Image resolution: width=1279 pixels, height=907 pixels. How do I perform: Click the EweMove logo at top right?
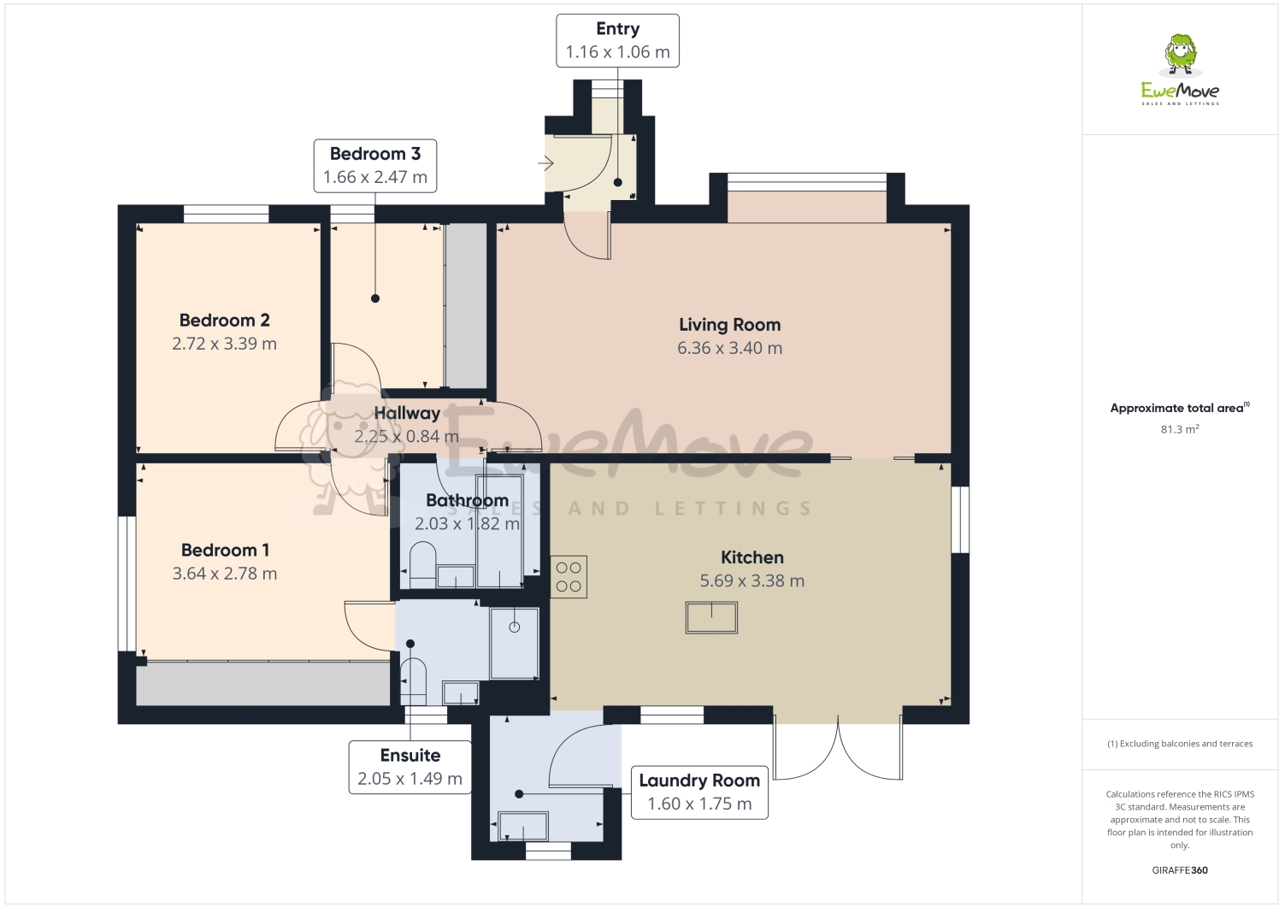click(x=1180, y=70)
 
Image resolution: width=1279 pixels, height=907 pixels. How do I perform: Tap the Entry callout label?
click(x=617, y=40)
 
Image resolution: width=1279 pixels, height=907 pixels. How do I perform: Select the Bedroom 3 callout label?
click(x=374, y=166)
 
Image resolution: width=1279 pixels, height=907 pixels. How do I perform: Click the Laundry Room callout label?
click(x=698, y=792)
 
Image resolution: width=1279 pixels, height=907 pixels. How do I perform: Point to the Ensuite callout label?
click(x=410, y=767)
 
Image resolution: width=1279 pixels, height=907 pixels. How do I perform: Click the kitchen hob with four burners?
click(x=569, y=577)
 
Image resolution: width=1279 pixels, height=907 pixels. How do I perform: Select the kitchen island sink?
click(x=711, y=617)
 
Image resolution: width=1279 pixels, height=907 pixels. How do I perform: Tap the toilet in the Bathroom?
click(x=422, y=565)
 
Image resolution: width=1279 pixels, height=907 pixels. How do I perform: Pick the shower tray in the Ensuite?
click(x=514, y=643)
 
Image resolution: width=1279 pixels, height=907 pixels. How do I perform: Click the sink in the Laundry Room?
click(x=522, y=827)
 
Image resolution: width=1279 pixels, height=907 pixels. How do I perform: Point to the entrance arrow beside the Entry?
click(x=545, y=163)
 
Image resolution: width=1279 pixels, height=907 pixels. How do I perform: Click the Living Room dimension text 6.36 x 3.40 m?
click(x=729, y=348)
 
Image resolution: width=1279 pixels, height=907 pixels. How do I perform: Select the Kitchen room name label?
click(x=751, y=557)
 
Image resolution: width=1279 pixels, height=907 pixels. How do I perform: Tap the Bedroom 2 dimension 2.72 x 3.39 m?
click(x=224, y=344)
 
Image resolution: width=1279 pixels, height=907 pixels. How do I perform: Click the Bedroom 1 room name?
click(x=225, y=551)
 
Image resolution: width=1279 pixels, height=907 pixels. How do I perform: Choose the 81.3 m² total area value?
click(x=1179, y=429)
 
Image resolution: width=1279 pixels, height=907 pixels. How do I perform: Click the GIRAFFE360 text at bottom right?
click(x=1179, y=870)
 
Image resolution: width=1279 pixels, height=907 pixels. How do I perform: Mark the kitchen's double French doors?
click(x=838, y=748)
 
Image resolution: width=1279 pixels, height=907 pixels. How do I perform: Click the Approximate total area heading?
click(x=1178, y=408)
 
